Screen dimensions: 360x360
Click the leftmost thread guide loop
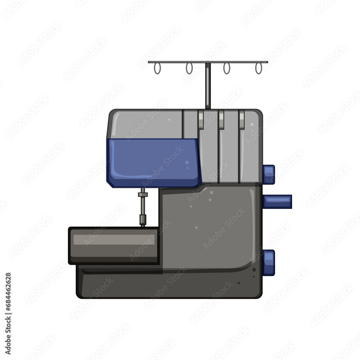(x=154, y=69)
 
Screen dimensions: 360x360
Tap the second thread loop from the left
(x=186, y=69)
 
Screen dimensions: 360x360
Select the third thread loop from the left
(x=224, y=69)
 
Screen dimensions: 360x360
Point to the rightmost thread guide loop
(x=256, y=69)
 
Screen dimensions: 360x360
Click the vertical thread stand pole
(x=208, y=86)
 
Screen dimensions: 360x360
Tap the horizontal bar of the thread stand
(x=208, y=62)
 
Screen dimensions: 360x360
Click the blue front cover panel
(x=154, y=163)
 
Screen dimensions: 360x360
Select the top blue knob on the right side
(x=269, y=175)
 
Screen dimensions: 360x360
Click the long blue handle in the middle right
(x=277, y=202)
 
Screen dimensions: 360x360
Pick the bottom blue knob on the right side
(x=269, y=263)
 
